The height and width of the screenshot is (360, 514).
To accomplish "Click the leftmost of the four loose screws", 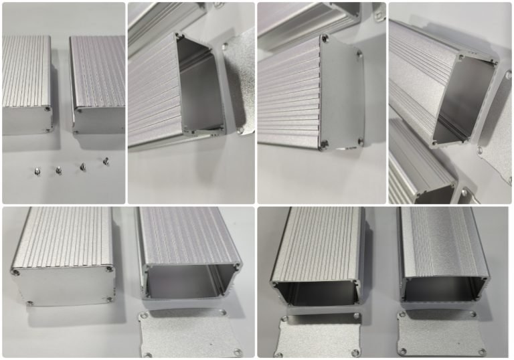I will click(36, 172).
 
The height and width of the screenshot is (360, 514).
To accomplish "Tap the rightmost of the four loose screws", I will click(105, 161).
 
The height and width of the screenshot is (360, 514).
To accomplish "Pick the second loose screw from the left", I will click(58, 171).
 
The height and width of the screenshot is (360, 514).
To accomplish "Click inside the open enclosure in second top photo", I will click(201, 87).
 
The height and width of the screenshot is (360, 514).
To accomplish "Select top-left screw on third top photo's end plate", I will click(325, 40).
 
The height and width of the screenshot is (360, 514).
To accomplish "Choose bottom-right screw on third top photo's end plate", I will click(361, 141).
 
